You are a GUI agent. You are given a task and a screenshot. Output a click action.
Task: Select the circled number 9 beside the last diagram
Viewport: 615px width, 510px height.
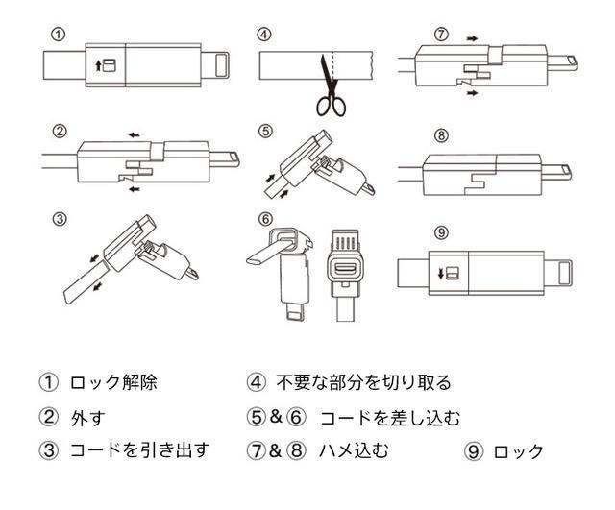[x=441, y=231]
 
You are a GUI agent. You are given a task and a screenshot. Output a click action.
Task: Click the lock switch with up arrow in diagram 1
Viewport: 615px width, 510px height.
[x=106, y=65]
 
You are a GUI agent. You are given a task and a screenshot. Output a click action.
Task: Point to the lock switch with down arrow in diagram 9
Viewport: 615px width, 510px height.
[x=448, y=273]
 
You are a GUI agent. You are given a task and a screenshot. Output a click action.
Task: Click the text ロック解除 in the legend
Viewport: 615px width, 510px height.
[x=112, y=382]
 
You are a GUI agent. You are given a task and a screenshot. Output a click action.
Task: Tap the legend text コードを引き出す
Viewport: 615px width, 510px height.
[x=138, y=449]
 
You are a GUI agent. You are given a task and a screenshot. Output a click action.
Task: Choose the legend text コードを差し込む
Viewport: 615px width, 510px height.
[x=390, y=418]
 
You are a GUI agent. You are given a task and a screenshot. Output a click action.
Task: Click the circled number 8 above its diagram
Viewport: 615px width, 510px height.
[x=441, y=135]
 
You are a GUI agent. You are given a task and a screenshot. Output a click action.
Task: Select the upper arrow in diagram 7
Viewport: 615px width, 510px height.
[x=470, y=36]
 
